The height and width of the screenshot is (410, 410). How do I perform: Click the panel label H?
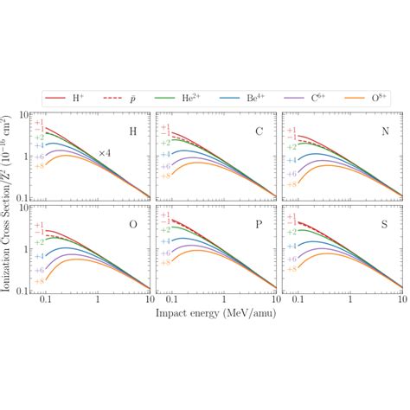tap(131, 131)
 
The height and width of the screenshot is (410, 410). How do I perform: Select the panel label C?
tap(259, 131)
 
